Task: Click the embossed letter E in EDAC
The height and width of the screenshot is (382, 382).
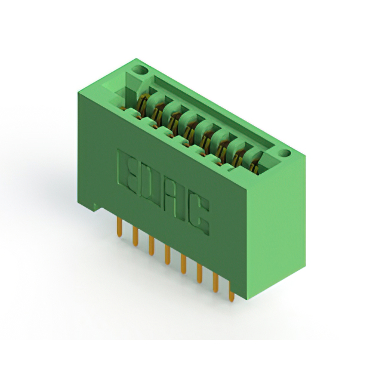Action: (129, 172)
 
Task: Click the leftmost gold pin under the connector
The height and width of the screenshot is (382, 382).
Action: (121, 226)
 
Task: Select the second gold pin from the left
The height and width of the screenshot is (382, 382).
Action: (137, 235)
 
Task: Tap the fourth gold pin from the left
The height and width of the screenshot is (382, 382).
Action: (168, 254)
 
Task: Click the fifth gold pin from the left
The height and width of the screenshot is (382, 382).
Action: (184, 263)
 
